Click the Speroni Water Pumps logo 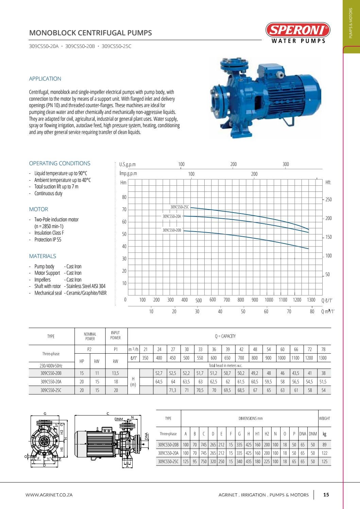point(297,33)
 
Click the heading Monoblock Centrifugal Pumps point(90,33)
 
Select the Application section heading point(45,79)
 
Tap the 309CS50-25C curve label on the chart point(179,207)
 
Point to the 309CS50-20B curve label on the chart point(172,230)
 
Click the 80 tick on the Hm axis point(124,197)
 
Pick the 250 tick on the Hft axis point(328,200)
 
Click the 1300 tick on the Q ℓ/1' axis point(311,300)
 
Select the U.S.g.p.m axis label point(127,165)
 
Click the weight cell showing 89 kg point(324,444)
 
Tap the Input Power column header point(115,335)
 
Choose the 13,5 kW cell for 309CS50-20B point(116,373)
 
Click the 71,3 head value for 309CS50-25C point(173,390)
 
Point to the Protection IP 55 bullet point(48,240)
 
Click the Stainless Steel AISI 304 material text point(86,286)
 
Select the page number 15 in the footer point(326,495)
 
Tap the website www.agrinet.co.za point(49,495)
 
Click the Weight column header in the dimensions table point(324,419)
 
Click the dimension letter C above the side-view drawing point(108,414)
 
